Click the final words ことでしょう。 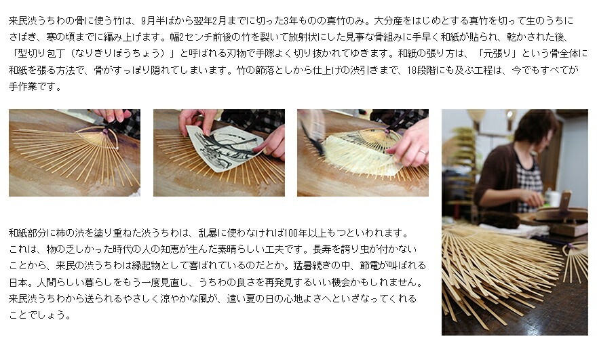40,315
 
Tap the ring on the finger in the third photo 422,153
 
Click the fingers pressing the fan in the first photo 111,115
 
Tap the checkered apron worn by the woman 531,182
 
